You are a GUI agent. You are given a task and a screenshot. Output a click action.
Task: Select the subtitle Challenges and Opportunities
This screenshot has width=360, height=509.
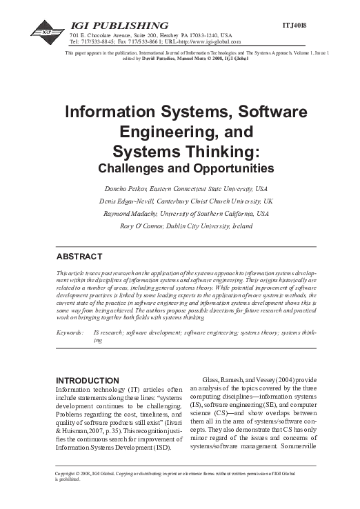click(179, 168)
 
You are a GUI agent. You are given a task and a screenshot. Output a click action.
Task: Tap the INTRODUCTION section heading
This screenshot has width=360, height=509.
click(87, 380)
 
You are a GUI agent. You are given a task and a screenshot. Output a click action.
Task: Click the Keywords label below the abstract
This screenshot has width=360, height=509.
click(71, 332)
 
